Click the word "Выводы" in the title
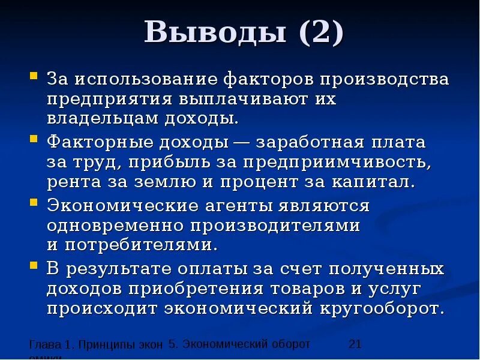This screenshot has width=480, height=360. click(x=215, y=33)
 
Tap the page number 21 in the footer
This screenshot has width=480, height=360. click(x=355, y=344)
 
